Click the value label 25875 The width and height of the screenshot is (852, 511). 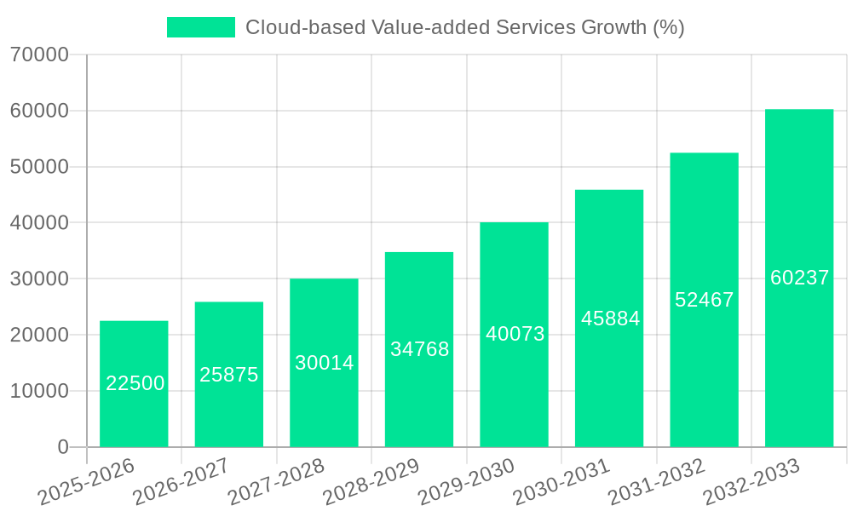coord(229,375)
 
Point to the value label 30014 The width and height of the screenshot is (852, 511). coord(324,363)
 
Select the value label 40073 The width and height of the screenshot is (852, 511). coord(515,334)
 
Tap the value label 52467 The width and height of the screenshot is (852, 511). coord(704,300)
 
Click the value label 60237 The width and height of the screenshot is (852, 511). coord(799,278)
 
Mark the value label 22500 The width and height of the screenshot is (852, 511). coord(135,384)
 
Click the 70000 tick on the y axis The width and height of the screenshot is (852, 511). coord(39,55)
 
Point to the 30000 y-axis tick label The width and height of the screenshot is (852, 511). coord(39,279)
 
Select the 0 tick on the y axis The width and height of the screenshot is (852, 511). coord(62,447)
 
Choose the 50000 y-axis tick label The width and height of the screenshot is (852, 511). coord(39,167)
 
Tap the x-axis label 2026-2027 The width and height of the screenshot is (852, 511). coord(181,481)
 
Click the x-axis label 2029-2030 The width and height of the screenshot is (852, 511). coord(466,481)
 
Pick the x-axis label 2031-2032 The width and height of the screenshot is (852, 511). coord(656,481)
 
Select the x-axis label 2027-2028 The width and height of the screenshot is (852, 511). coord(276,481)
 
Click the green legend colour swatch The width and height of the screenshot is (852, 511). coord(200,27)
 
